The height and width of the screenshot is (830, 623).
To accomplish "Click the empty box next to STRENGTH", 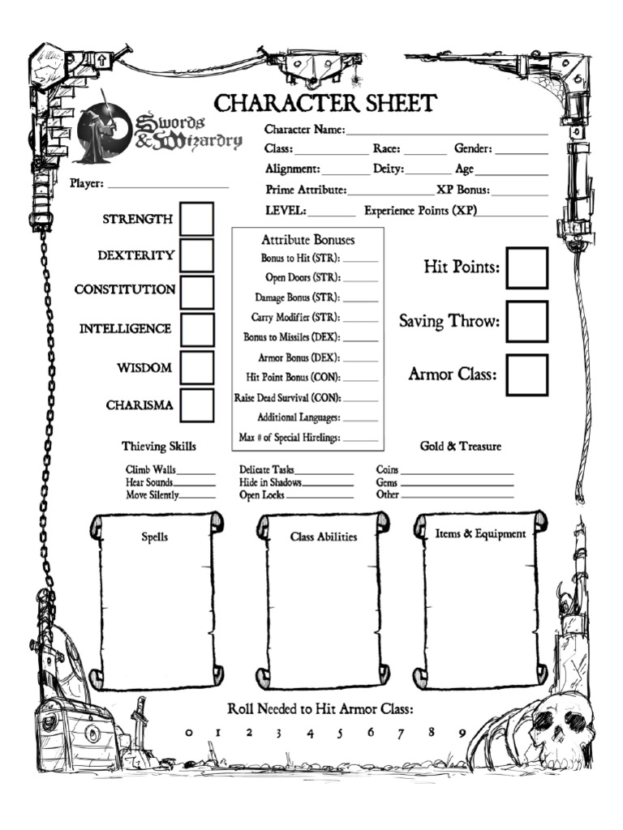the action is pos(196,219).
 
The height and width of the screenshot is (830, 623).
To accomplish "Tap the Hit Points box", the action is pos(526,268).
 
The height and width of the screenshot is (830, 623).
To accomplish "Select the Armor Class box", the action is pos(526,374).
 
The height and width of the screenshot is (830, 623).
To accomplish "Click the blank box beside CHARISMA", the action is pos(197,405).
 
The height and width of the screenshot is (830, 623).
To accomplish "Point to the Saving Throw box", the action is pos(526,322).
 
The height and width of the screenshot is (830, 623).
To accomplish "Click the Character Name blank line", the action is pos(447,130).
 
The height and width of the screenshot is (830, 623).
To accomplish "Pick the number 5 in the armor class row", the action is pos(339,733).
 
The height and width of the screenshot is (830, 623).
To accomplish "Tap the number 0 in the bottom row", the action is pos(189,733).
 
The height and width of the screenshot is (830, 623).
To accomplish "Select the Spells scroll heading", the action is pos(155,537).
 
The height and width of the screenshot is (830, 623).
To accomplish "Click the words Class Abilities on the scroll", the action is pos(324,537).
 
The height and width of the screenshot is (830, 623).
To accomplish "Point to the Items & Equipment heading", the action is pos(480,534).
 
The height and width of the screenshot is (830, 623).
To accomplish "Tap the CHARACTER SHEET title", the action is pos(324,104).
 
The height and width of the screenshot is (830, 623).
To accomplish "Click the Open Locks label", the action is pos(261,495).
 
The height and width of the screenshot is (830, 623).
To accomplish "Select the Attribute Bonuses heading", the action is pos(307,241).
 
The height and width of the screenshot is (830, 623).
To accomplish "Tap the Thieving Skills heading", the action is pos(159,447).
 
